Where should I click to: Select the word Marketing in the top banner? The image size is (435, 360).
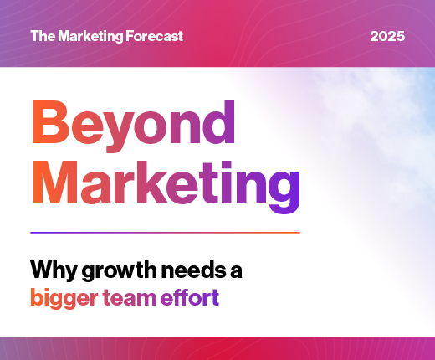(90, 37)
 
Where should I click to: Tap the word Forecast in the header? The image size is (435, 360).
(154, 36)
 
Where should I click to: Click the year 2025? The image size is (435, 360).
(387, 36)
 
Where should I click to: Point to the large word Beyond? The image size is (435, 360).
(134, 126)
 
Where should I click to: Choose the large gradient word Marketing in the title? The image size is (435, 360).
(166, 187)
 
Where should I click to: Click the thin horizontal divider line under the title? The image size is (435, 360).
(165, 233)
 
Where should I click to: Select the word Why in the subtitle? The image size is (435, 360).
(54, 270)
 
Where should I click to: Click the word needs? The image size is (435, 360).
(193, 270)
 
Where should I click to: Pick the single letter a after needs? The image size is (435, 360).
(236, 271)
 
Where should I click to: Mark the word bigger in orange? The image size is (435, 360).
(64, 298)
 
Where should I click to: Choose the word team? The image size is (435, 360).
(130, 297)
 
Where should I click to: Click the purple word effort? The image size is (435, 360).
(190, 297)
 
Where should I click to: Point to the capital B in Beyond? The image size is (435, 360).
(50, 122)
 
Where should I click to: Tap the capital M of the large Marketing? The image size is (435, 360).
(55, 182)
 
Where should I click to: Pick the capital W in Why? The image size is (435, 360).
(43, 269)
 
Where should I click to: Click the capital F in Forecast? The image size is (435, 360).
(130, 36)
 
